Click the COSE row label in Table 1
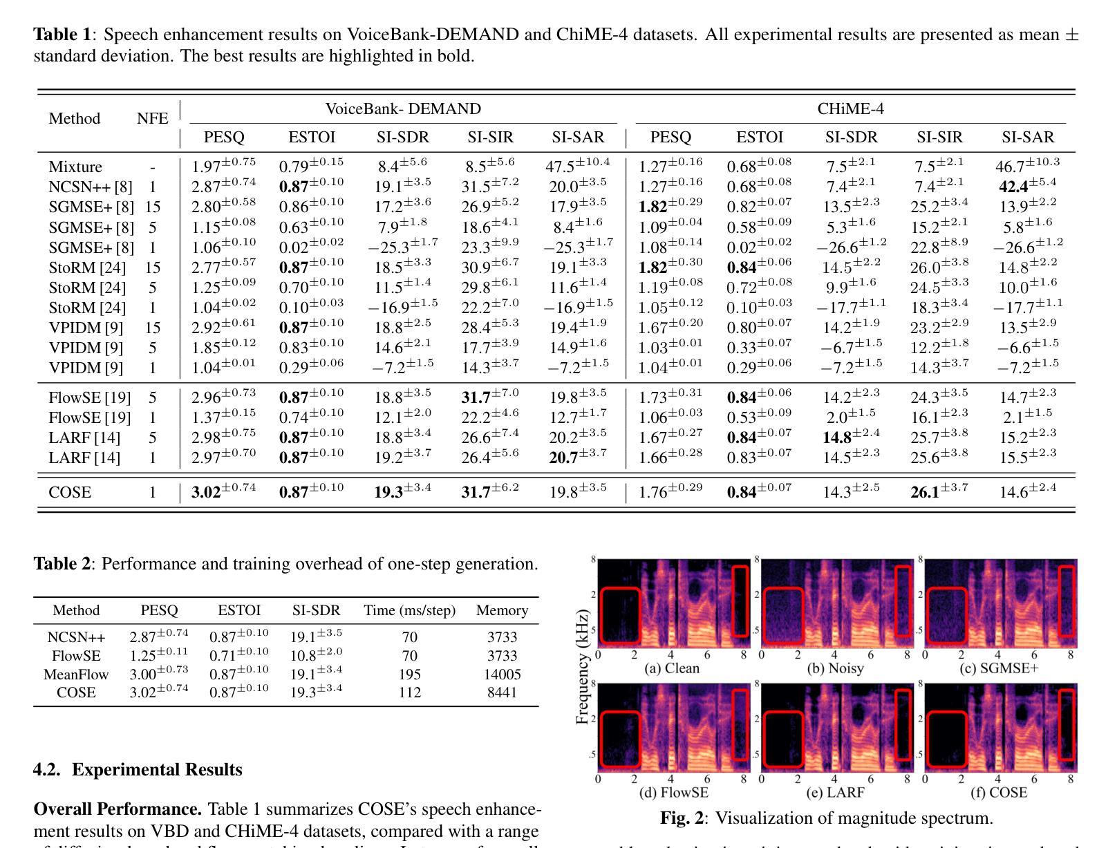(x=70, y=493)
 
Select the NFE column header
(x=152, y=118)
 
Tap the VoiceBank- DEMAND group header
(x=403, y=109)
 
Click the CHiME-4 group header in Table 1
(x=850, y=109)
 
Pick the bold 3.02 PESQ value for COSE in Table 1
(x=206, y=493)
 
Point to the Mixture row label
(x=75, y=167)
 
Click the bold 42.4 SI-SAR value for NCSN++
(x=1015, y=187)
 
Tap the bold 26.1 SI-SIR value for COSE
(x=926, y=493)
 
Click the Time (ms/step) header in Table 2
(x=409, y=610)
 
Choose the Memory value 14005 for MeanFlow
(x=502, y=675)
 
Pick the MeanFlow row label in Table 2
(x=76, y=675)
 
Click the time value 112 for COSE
(x=409, y=692)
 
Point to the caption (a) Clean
(x=671, y=668)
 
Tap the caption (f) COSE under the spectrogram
(x=999, y=792)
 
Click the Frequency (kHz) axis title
(x=582, y=667)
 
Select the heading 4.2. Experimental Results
(x=138, y=770)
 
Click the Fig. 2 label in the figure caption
(x=682, y=818)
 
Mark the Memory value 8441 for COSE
(x=502, y=692)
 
